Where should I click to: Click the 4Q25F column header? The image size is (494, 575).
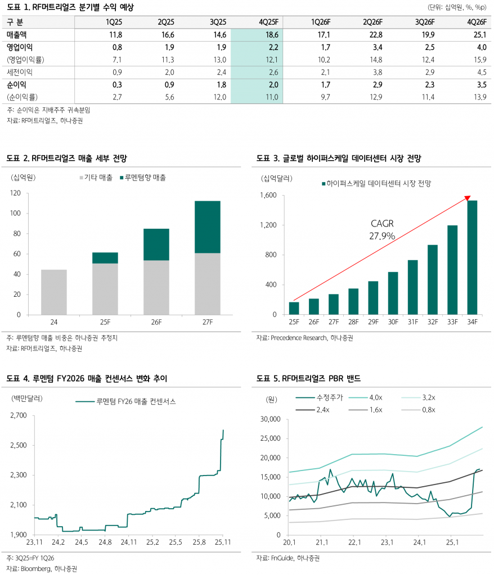[268, 22]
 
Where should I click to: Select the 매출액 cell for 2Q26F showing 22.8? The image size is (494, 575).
[373, 35]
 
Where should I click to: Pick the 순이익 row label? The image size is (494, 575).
[17, 84]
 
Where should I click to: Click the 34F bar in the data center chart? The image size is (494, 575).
[471, 257]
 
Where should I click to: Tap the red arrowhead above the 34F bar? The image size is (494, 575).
[468, 197]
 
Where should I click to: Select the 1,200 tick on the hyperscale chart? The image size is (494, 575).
[267, 225]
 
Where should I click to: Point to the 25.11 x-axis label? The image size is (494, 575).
[223, 542]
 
